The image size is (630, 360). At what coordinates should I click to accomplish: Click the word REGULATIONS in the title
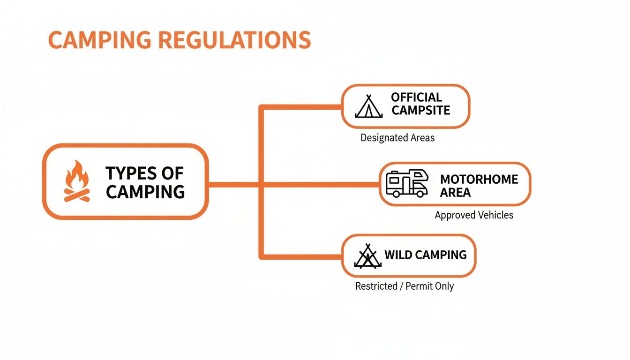(x=234, y=40)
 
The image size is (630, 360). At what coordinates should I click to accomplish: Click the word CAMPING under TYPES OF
(x=145, y=191)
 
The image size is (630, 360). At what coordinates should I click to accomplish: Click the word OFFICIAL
(x=416, y=97)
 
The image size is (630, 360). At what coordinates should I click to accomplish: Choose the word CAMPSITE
(x=420, y=111)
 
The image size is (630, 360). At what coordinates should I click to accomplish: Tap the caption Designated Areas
(x=397, y=138)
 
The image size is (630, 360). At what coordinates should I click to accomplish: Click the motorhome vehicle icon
(x=406, y=183)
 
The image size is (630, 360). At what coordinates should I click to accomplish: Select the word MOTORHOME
(x=479, y=180)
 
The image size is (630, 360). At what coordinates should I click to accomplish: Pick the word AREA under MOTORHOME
(x=455, y=193)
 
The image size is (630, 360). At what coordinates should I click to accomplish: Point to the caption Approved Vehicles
(x=473, y=215)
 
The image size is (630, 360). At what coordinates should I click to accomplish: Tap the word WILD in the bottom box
(x=397, y=255)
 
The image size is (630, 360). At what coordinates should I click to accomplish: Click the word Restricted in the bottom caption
(x=376, y=286)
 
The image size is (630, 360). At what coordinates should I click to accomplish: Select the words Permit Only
(x=429, y=286)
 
